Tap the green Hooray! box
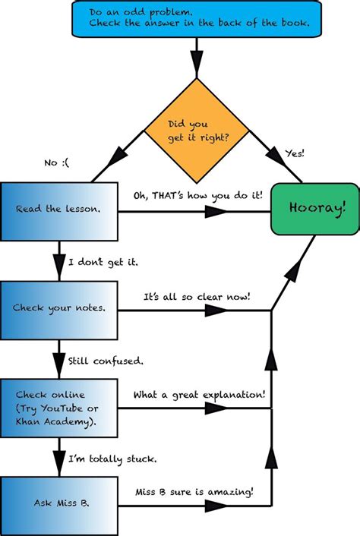click(314, 207)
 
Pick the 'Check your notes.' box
click(59, 308)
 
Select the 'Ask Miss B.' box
click(59, 502)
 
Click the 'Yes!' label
click(294, 153)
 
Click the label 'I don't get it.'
click(103, 263)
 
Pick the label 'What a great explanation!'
click(199, 395)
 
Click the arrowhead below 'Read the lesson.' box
click(59, 263)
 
